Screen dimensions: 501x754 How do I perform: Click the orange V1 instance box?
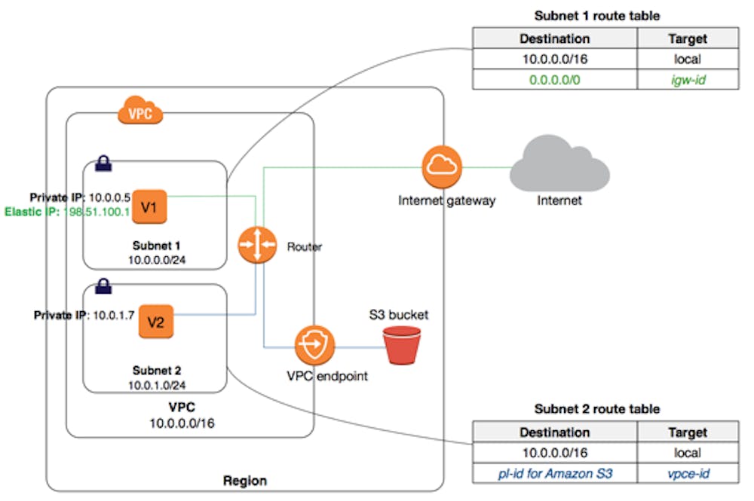coord(149,207)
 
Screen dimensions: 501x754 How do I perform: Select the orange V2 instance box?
coord(155,322)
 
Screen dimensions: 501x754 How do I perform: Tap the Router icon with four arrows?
coord(257,246)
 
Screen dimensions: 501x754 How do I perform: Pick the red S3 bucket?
coord(401,346)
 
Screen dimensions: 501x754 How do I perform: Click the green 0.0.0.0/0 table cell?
coord(555,78)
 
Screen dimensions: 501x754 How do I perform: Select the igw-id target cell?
coord(688,78)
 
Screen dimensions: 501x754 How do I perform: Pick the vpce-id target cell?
coord(688,473)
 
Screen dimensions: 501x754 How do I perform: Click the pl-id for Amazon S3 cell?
coord(555,473)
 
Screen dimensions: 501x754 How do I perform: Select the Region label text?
coord(245,480)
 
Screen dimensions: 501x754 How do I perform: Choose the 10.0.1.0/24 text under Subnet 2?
coord(155,384)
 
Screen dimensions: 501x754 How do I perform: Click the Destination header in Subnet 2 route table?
coord(555,432)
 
